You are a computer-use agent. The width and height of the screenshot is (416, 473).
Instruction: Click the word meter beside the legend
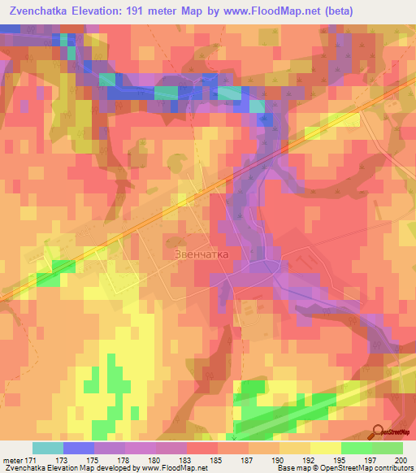click(x=14, y=459)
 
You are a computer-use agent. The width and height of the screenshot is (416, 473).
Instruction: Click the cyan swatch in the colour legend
click(x=47, y=448)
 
